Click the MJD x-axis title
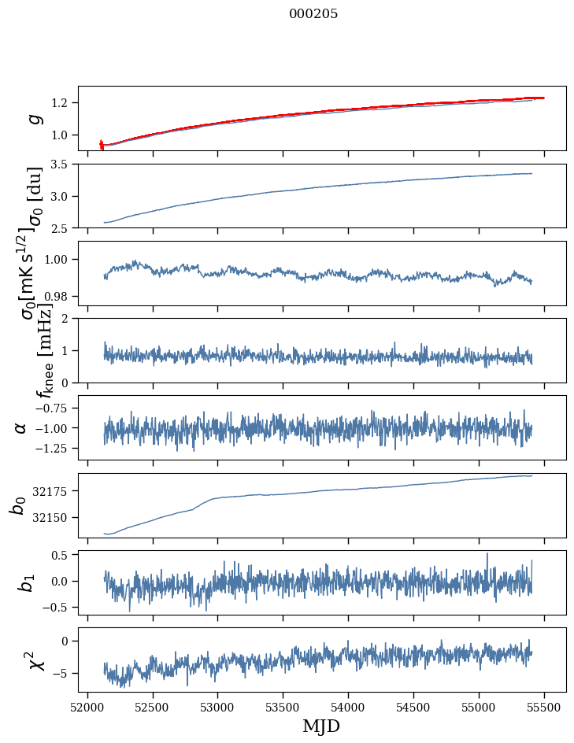[321, 726]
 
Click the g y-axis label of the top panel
[33, 119]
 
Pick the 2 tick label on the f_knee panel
[68, 319]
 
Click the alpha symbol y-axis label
[21, 427]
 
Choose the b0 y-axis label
[17, 505]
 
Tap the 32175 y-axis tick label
[51, 492]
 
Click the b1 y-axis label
[26, 582]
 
